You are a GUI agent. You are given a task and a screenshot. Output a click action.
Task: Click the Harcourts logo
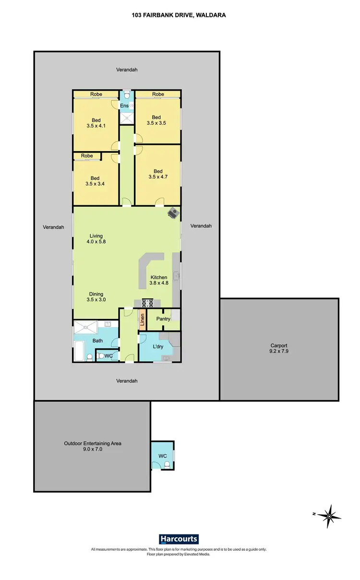point(179,539)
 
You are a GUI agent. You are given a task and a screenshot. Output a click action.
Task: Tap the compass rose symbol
point(330,516)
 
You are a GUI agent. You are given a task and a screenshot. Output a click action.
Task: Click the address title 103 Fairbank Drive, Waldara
point(179,15)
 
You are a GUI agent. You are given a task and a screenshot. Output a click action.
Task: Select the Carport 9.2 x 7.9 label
point(279,348)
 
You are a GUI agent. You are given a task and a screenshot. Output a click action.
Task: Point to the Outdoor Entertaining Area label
point(93,447)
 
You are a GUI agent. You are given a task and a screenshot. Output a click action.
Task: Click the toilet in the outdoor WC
point(167,464)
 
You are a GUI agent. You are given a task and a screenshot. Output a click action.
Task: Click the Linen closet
point(142,319)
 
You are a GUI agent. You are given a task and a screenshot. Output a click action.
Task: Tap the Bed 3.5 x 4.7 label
point(158,174)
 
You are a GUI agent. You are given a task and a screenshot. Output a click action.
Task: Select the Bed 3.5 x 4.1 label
point(96,123)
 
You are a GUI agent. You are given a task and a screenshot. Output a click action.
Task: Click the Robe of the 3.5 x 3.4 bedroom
point(87,156)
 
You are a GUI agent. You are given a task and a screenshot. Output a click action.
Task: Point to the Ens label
point(124,106)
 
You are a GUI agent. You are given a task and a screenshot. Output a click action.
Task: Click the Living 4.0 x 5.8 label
point(96,239)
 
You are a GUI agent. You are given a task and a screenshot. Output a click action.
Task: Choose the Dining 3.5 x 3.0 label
point(96,297)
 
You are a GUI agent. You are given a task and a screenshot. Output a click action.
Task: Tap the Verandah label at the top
point(127,70)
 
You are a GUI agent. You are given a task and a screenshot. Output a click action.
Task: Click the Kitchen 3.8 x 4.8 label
point(159,280)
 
